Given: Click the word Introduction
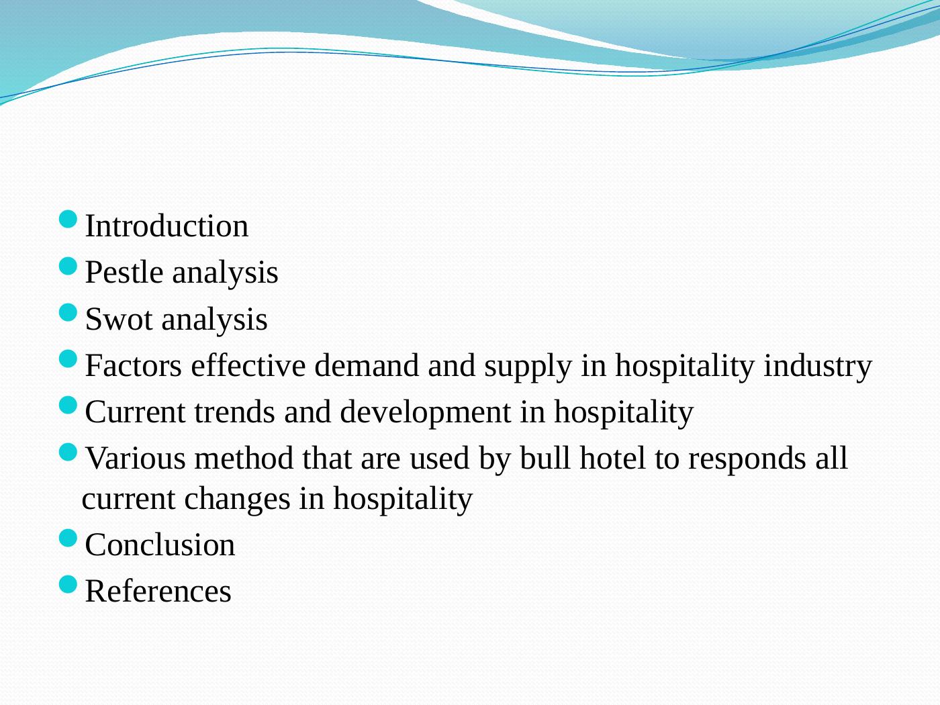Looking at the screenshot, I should tap(167, 226).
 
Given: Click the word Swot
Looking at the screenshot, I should tap(119, 320).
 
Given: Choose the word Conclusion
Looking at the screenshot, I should tap(160, 545).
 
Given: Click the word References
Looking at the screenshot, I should tap(158, 592).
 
